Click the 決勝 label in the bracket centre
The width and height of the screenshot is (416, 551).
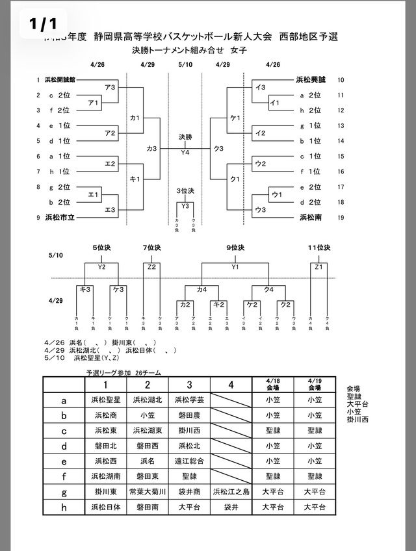[185, 137]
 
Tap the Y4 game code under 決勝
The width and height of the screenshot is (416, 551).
[185, 152]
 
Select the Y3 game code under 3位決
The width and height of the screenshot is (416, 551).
[185, 207]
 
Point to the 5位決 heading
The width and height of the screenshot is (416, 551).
[102, 248]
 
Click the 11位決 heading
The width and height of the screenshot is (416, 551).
[319, 248]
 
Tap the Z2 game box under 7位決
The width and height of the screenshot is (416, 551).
[152, 266]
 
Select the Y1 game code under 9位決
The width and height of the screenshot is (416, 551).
[235, 266]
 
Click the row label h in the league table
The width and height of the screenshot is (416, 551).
[64, 507]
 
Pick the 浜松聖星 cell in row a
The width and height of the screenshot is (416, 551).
[105, 400]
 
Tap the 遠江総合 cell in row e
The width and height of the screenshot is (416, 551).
[190, 461]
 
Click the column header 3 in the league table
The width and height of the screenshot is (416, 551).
[190, 384]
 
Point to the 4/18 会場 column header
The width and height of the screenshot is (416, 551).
[273, 383]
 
